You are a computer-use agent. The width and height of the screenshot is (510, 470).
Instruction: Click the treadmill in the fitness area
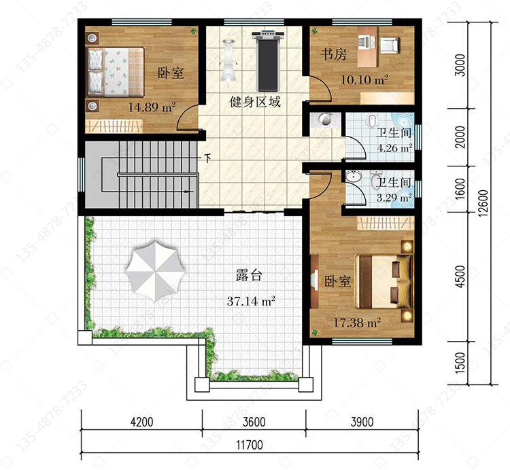click(269, 60)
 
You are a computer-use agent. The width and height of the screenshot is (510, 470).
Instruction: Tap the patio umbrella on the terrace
click(156, 270)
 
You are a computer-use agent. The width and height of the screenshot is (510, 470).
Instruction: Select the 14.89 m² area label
click(152, 107)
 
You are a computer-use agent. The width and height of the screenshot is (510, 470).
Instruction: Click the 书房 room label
click(333, 54)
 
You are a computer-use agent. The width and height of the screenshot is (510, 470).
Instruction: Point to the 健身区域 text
click(255, 102)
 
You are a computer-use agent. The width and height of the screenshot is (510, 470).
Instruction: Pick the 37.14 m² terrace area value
click(251, 301)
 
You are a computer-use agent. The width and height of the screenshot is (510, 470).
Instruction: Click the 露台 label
click(249, 276)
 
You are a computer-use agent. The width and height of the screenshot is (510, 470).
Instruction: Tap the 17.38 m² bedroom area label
click(357, 323)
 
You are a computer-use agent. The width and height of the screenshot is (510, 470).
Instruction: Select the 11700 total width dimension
click(250, 445)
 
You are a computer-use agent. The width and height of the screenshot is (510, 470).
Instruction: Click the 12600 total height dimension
click(483, 203)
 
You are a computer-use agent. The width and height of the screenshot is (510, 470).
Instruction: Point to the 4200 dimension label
click(141, 422)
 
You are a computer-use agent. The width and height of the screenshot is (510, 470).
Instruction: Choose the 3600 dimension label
click(254, 422)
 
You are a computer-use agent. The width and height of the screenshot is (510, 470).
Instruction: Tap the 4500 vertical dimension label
click(460, 276)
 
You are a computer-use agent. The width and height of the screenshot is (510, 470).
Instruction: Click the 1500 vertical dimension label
click(460, 363)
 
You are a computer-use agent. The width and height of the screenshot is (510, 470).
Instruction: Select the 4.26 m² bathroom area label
click(394, 148)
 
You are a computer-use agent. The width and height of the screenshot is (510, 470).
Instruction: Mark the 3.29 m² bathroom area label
click(394, 198)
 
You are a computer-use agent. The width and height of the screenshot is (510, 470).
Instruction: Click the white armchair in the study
click(389, 45)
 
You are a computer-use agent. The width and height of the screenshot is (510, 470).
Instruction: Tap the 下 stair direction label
click(207, 158)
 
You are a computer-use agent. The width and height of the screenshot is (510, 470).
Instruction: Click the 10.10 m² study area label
click(364, 79)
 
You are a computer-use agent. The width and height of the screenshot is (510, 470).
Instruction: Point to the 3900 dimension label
click(362, 422)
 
